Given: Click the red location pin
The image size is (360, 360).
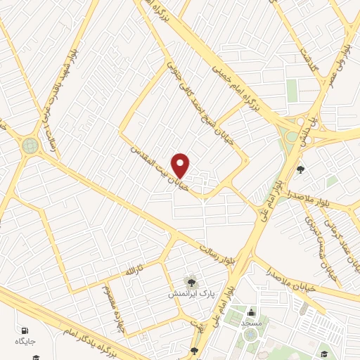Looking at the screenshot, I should (181, 165).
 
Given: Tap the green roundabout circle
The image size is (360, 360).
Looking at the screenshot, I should (30, 145).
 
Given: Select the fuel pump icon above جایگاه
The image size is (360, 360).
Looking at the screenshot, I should (26, 330).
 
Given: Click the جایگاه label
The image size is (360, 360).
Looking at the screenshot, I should (26, 342).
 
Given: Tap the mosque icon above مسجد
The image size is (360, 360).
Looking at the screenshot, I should (251, 311).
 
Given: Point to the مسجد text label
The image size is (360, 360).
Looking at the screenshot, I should (251, 322).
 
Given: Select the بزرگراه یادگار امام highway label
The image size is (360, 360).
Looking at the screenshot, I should (98, 333).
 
